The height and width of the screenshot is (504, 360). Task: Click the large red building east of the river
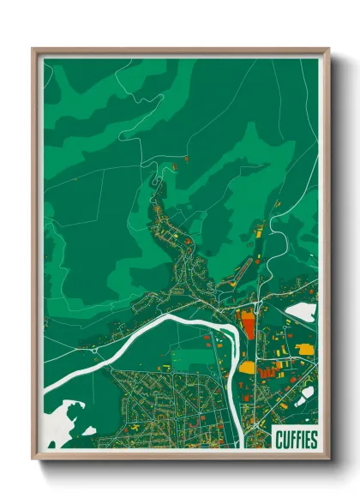pyautogui.click(x=249, y=325)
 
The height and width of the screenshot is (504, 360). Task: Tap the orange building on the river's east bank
pyautogui.click(x=246, y=368)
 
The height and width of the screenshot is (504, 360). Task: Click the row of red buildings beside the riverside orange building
pyautogui.click(x=267, y=370)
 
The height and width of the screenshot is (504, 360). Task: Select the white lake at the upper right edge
pyautogui.click(x=301, y=312)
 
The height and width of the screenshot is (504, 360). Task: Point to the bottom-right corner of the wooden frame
pyautogui.click(x=328, y=458)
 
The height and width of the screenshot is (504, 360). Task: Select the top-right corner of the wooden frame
pyautogui.click(x=328, y=49)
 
